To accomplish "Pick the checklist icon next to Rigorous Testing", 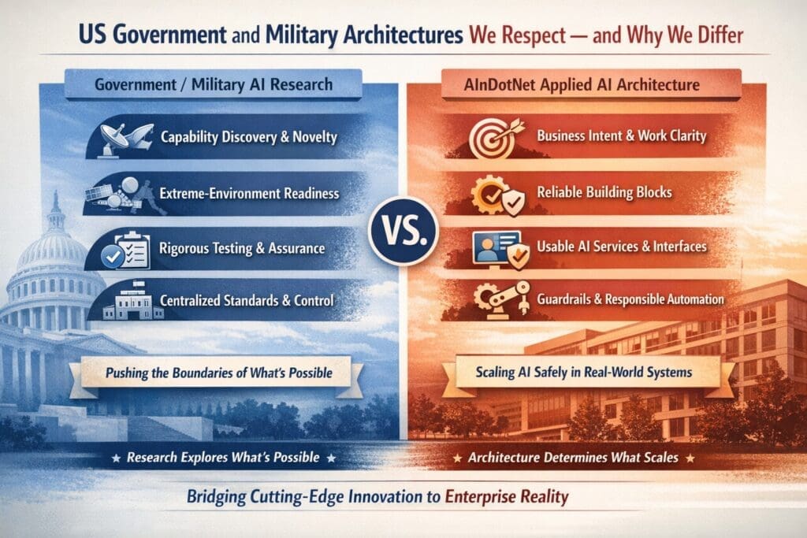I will [x=127, y=249].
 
